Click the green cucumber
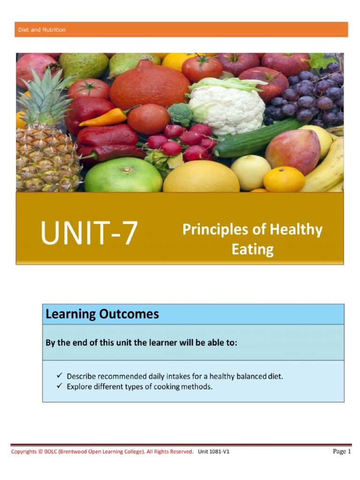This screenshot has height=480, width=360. (258, 138)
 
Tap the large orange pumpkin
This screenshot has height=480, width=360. (150, 84)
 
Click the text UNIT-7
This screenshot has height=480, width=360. (89, 233)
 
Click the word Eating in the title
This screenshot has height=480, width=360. (252, 249)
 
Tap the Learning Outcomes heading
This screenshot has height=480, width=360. (102, 314)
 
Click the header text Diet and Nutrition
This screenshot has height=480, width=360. (42, 30)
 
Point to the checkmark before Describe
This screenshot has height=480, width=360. (60, 376)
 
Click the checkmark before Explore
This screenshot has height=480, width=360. (60, 387)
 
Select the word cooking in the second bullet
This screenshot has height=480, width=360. (166, 387)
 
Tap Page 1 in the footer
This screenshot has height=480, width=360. (341, 451)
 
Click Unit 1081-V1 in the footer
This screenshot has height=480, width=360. (213, 452)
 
